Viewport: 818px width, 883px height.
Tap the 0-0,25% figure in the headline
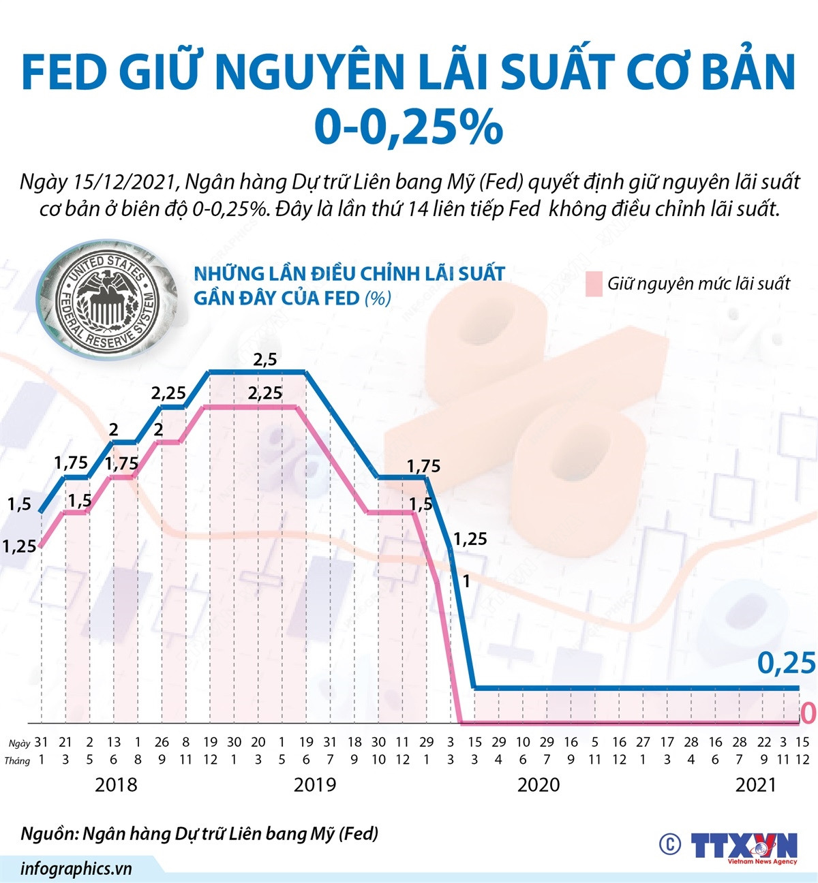[x=408, y=127]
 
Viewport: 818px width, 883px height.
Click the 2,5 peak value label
[x=264, y=359]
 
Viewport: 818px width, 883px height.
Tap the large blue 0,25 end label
[x=786, y=663]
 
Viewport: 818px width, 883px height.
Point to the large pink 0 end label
[x=807, y=713]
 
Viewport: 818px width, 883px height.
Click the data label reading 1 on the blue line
[x=466, y=581]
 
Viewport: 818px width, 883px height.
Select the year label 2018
[x=116, y=785]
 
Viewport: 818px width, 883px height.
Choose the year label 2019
[x=314, y=785]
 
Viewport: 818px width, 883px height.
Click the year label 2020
[x=539, y=785]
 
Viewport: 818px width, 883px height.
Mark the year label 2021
[x=756, y=785]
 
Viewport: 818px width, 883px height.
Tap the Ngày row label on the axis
[x=19, y=743]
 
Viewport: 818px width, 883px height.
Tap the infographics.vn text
[x=76, y=869]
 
